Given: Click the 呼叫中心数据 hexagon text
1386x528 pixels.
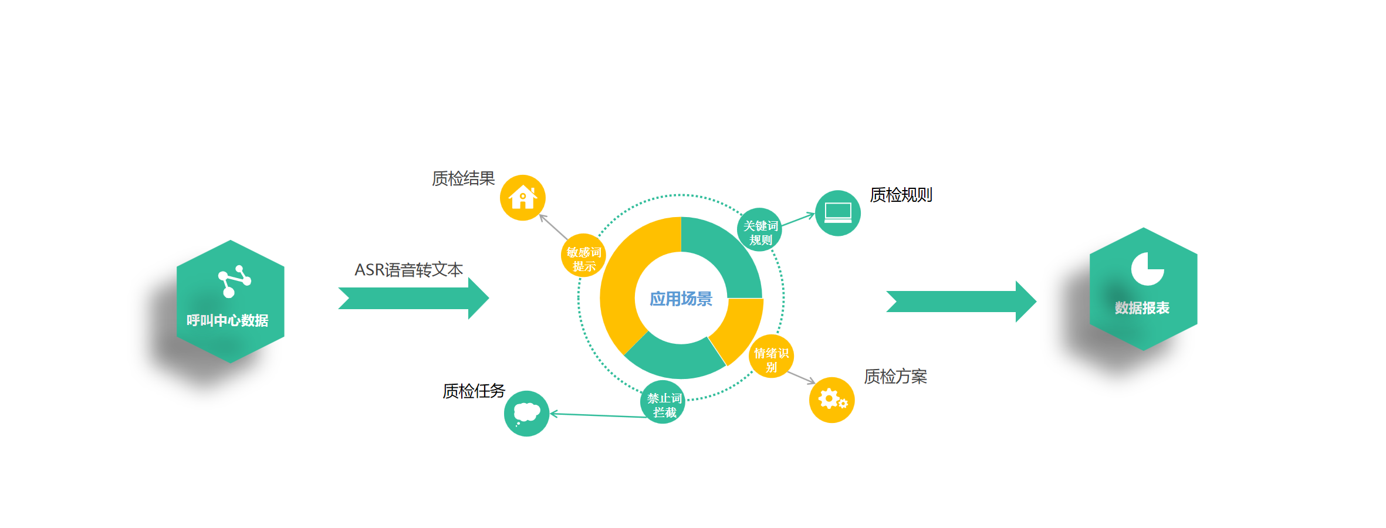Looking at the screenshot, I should click(x=227, y=320).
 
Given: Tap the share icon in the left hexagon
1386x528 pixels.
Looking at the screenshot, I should click(x=234, y=281).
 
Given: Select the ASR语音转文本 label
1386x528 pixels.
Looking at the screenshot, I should click(x=408, y=270).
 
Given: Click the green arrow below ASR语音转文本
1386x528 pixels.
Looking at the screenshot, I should click(x=413, y=298).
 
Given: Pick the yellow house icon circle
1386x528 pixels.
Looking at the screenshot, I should click(x=522, y=198).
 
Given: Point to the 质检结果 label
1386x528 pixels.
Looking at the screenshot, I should click(x=463, y=178).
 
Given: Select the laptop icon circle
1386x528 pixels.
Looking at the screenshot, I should click(x=837, y=213).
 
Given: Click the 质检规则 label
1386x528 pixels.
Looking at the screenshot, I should click(x=901, y=195).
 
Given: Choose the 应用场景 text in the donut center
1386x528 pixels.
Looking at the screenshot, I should click(x=681, y=299).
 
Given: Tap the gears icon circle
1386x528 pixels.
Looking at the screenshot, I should click(x=831, y=400).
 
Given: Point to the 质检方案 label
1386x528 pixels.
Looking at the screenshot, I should click(x=895, y=377).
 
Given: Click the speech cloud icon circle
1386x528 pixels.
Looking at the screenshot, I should click(x=526, y=414).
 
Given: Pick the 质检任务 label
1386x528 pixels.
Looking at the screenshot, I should click(x=474, y=391).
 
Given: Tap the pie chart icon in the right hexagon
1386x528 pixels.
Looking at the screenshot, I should click(x=1147, y=269).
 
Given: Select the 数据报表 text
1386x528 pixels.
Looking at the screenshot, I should click(x=1142, y=308).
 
